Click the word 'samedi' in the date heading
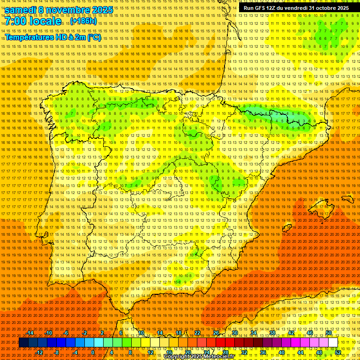coord(23,10)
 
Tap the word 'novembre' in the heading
coord(68,10)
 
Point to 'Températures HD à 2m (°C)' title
coord(53,37)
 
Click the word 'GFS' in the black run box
coord(260,8)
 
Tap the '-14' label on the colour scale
coord(30,333)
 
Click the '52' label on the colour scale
coord(338,352)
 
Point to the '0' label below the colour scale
coord(93,352)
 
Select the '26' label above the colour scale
coord(216,333)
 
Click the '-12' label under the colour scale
coord(39,352)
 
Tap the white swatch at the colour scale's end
coord(333,343)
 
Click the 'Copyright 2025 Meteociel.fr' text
coord(199,357)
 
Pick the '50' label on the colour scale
coord(329,333)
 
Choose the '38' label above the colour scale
coord(272,333)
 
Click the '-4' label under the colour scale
coord(75,352)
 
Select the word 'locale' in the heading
coord(45,22)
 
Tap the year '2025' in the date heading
coord(102,10)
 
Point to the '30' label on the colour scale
coord(235,333)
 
